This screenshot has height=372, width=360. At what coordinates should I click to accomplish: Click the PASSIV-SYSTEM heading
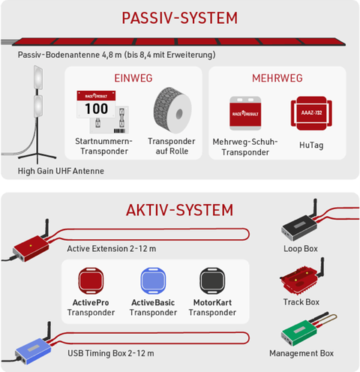coord(179,18)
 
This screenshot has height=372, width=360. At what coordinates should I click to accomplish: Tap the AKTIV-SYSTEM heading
coord(179,210)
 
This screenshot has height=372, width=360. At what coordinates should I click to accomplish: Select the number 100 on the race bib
coord(97,109)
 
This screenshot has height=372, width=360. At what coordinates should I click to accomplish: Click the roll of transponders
coord(172,110)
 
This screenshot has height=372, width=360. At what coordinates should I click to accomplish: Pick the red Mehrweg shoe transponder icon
coord(245,113)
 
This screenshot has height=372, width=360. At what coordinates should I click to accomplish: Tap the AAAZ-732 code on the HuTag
coord(311,112)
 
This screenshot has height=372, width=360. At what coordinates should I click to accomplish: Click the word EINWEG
coord(133,78)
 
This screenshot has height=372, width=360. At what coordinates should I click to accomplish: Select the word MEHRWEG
coord(277,78)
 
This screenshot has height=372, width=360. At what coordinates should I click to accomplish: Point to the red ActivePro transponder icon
coord(91,280)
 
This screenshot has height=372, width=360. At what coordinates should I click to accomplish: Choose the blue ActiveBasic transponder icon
coord(153,280)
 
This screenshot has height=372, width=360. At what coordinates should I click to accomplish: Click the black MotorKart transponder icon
coord(212,280)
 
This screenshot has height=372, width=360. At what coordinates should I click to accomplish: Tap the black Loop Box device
coord(299,226)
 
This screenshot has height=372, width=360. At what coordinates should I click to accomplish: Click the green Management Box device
coord(299,331)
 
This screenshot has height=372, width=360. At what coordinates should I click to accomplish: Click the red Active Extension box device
coord(31,247)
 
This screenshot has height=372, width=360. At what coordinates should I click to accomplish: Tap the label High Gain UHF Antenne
coord(61,171)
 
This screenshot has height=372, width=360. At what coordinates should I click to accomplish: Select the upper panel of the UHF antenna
coord(38,77)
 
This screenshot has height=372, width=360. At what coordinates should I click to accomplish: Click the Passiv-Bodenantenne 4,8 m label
coord(70,55)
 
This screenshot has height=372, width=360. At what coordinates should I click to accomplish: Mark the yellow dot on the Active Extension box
coord(31,245)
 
